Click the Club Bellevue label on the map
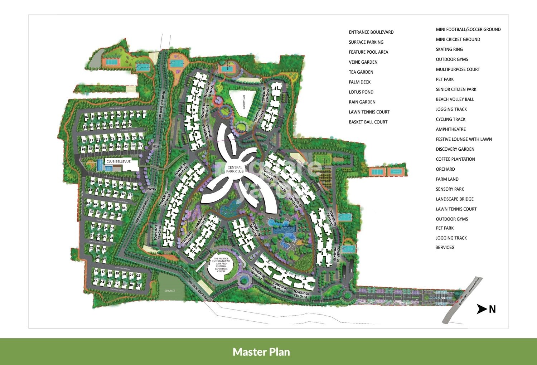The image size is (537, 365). [x=118, y=162]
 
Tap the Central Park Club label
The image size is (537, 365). [x=235, y=169]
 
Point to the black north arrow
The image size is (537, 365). [x=482, y=309]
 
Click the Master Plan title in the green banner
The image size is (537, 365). [x=261, y=352]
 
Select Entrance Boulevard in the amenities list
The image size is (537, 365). [x=371, y=32]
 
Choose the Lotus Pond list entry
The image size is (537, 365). [x=361, y=92]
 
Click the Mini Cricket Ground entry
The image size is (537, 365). [x=458, y=39]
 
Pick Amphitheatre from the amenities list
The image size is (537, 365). [x=451, y=129]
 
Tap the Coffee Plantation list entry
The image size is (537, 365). [x=455, y=159]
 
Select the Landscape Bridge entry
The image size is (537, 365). [x=455, y=199]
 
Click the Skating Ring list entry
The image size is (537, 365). [x=449, y=49]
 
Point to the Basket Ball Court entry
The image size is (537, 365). [x=368, y=122]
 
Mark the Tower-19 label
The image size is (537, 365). [x=264, y=95]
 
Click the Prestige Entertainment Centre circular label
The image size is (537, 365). [x=221, y=265]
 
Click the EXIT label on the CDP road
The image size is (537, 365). [x=156, y=146]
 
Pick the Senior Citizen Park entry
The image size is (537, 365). [x=456, y=89]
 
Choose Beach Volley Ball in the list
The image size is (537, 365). [x=455, y=99]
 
